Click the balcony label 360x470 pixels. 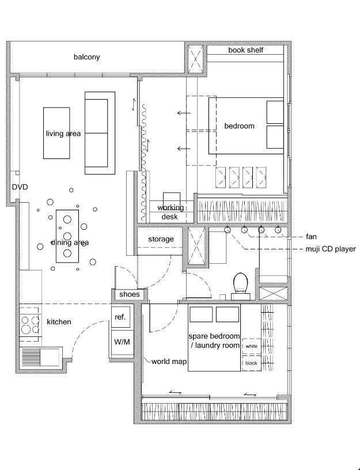[x=86, y=57]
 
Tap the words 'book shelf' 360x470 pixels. [x=245, y=50]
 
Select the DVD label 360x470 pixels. [x=20, y=187]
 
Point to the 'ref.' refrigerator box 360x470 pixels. [x=121, y=317]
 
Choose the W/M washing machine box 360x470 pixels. [x=122, y=342]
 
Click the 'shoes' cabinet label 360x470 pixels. [x=130, y=294]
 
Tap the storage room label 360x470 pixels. [x=161, y=239]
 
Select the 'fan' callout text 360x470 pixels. [x=311, y=237]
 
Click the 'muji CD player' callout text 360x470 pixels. [x=331, y=249]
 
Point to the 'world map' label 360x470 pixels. [x=169, y=362]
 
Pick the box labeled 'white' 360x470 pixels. [x=252, y=346]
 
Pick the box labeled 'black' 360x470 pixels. [x=252, y=363]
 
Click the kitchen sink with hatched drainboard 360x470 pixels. [x=41, y=357]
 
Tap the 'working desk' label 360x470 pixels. [x=170, y=212]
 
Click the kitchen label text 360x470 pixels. [x=59, y=322]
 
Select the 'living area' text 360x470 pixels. [x=63, y=134]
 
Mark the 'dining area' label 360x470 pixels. [x=70, y=242]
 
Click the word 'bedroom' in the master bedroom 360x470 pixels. [x=239, y=126]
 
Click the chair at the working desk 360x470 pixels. [x=172, y=199]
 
